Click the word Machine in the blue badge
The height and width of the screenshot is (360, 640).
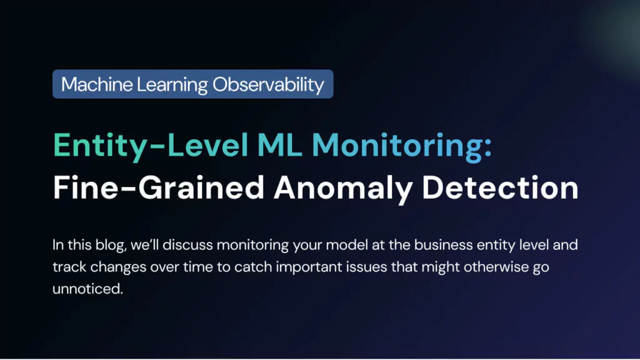coord(97,84)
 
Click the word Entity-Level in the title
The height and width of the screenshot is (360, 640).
coord(151,146)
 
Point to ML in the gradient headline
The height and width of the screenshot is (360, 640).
coord(279,145)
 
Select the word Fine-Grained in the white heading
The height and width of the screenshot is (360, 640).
coord(159,187)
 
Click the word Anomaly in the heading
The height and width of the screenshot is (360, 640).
coord(343,189)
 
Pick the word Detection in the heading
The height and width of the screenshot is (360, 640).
coord(500,187)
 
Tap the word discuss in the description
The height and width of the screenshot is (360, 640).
coord(187,245)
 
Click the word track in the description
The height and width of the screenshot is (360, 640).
coord(69,267)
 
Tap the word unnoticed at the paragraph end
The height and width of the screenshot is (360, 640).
coord(87,289)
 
